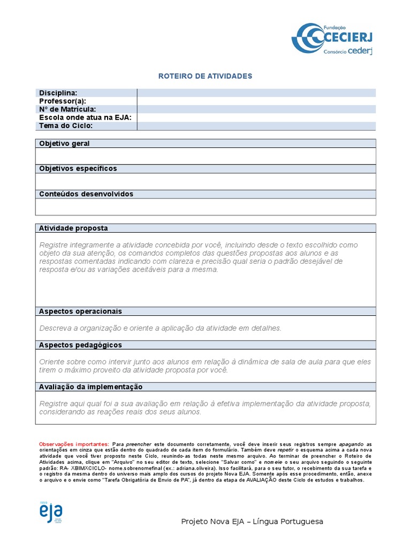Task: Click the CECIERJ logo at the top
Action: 332,39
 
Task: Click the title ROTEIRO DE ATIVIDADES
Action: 205,76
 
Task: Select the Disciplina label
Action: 58,93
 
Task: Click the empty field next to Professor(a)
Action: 256,101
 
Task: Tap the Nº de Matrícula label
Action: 67,109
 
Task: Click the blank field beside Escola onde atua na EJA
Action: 256,117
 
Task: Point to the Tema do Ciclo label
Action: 66,125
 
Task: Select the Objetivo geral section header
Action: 64,144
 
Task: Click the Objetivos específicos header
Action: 78,168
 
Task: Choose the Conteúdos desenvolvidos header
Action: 86,194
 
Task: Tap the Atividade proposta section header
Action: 73,228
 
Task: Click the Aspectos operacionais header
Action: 80,311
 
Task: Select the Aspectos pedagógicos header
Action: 80,345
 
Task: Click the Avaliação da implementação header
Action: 91,387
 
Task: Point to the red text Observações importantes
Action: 74,444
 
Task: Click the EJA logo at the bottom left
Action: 50,514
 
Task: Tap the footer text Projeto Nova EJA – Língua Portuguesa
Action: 252,522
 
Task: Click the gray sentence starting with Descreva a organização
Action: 160,328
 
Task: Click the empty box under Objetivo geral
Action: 205,156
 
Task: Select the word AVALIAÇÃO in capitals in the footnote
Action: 261,480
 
